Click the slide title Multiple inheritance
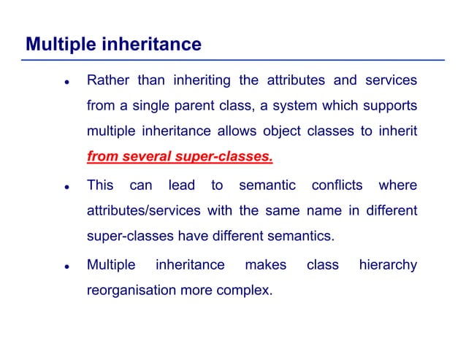pos(113,45)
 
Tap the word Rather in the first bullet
pos(106,80)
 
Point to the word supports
pos(389,106)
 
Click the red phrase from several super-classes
pos(180,158)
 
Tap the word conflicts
pos(337,185)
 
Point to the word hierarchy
pos(388,264)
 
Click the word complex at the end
pos(246,291)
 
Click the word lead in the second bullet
pos(181,185)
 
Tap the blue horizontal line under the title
pos(234,59)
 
